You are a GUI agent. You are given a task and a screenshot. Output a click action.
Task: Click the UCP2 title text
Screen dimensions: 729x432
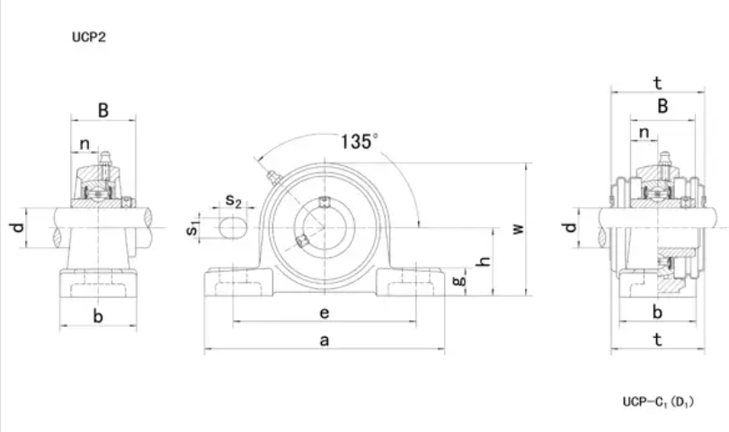(89, 37)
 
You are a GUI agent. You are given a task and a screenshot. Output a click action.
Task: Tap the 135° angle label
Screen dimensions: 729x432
(359, 142)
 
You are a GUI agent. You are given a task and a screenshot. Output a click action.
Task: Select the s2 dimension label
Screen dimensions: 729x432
(234, 200)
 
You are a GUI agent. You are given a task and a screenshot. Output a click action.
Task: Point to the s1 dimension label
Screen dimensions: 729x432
(192, 228)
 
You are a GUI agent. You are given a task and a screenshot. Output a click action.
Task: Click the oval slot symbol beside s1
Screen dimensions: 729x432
(233, 228)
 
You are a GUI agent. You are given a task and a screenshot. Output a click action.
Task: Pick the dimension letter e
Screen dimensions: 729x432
(324, 313)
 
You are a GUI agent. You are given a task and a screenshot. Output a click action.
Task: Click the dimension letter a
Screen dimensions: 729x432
(324, 340)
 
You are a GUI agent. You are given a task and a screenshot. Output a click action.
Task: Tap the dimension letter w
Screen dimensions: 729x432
(518, 229)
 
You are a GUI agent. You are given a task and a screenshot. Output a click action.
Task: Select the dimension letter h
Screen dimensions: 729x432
(484, 261)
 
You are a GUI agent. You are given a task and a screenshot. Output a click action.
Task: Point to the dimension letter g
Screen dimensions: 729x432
(459, 280)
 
